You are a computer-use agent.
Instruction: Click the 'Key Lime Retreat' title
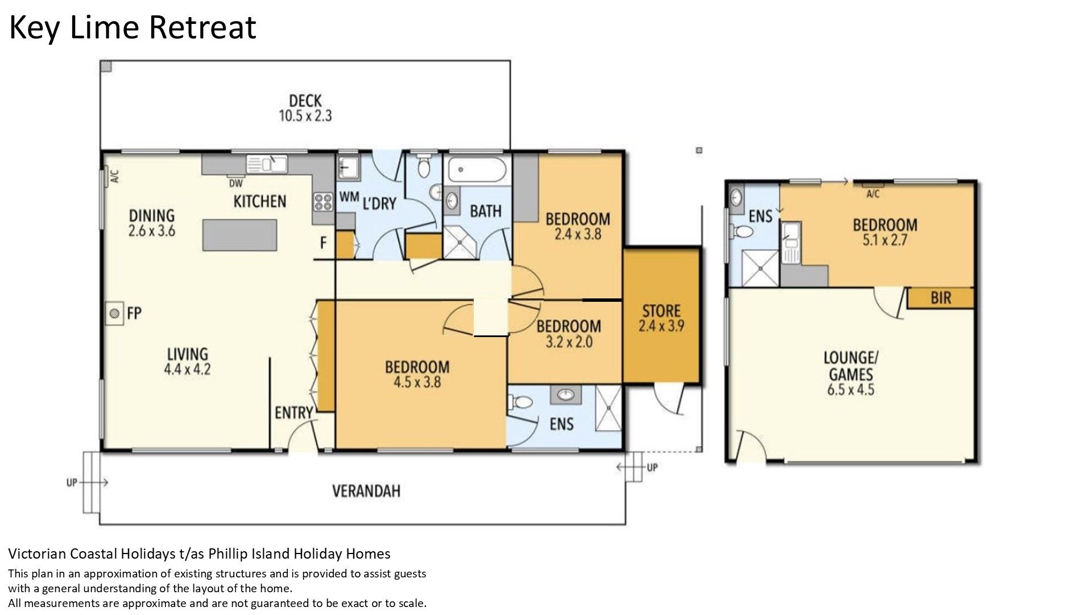[x=133, y=27]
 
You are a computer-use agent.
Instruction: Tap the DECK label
[x=305, y=101]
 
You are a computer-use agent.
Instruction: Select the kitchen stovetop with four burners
[x=323, y=202]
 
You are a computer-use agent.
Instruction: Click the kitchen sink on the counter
[x=267, y=164]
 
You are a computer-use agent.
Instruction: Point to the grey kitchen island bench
[x=240, y=235]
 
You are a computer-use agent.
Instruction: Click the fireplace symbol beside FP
[x=114, y=313]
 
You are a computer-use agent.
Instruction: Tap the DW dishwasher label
[x=235, y=183]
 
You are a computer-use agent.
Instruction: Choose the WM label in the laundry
[x=349, y=196]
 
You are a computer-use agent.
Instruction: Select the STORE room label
[x=661, y=311]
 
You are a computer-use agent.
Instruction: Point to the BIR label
[x=941, y=298]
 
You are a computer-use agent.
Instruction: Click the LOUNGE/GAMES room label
[x=851, y=366]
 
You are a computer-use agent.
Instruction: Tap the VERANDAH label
[x=366, y=491]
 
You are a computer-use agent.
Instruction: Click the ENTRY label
[x=293, y=413]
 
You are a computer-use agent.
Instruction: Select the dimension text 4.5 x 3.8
[x=417, y=382]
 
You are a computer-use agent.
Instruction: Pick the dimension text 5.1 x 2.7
[x=885, y=240]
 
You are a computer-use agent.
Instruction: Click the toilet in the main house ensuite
[x=522, y=403]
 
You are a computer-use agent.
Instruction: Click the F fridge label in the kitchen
[x=323, y=243]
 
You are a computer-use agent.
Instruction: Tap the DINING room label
[x=152, y=215]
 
